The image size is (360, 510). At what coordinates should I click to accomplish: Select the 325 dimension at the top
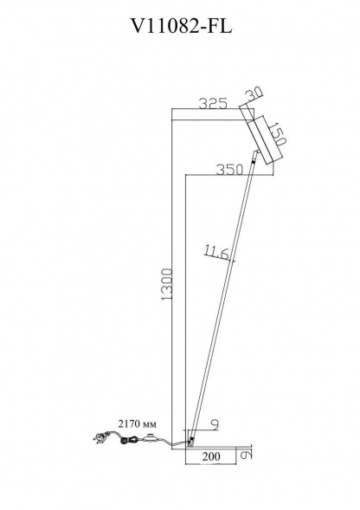tap(211, 105)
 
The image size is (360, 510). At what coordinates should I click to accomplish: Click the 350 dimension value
tap(229, 171)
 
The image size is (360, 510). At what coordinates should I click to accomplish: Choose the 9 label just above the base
tap(213, 425)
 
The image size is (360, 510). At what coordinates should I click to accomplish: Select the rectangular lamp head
tap(263, 139)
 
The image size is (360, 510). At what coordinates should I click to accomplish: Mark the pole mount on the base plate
tap(192, 438)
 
